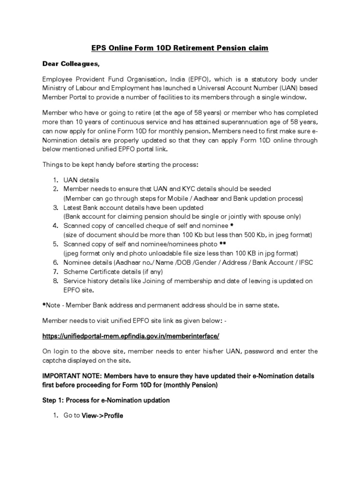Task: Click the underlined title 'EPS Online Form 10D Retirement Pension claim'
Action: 180,49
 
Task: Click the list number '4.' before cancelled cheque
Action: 55,225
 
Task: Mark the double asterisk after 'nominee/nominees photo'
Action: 223,244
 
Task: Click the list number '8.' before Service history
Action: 55,281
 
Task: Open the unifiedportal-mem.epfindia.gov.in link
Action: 131,336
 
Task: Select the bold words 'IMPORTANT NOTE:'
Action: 72,376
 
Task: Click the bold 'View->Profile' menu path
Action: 102,416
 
